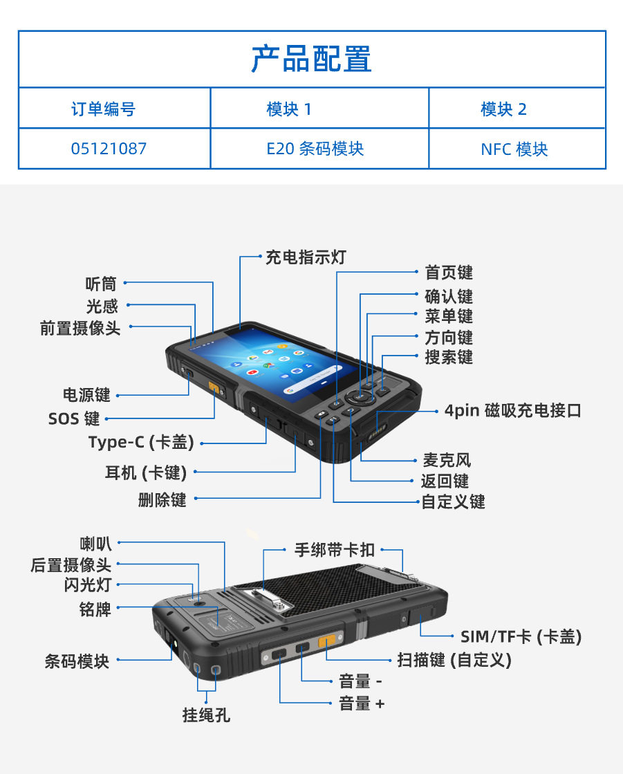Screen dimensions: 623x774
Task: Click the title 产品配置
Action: tap(311, 59)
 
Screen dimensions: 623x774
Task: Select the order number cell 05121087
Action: tap(109, 149)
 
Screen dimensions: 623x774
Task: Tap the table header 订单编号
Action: tap(103, 109)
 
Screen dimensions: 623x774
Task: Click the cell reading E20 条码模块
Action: tap(315, 149)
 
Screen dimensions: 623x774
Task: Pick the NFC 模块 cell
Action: tap(514, 149)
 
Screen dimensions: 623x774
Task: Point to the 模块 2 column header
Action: tap(503, 109)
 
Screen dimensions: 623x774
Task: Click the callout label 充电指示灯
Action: tap(306, 257)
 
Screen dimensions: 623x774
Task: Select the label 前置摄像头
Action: tap(80, 328)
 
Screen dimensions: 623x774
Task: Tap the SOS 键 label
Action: tap(74, 418)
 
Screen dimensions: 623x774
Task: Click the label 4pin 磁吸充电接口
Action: tap(513, 410)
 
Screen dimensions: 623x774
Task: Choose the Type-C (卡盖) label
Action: tap(141, 442)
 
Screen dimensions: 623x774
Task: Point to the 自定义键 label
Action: tap(454, 501)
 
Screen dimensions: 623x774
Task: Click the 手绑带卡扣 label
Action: tap(335, 549)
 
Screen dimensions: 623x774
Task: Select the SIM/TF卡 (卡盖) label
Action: tap(521, 636)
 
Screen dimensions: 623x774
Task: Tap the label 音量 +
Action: tap(362, 703)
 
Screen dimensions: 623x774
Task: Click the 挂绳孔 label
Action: tap(206, 715)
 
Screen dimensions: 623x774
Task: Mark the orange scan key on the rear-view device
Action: tap(326, 641)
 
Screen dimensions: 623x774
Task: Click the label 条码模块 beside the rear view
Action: tap(77, 661)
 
